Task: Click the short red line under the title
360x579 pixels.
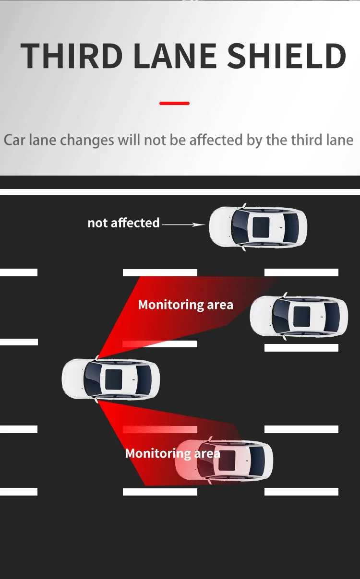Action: (x=174, y=103)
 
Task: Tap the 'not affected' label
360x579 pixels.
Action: (x=123, y=223)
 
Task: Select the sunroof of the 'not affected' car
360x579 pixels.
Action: (x=261, y=226)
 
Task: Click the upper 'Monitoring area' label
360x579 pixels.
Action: (x=185, y=305)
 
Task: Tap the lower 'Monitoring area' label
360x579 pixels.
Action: (x=172, y=453)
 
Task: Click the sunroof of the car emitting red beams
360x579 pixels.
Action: (x=114, y=379)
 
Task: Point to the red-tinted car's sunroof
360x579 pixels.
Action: (x=227, y=460)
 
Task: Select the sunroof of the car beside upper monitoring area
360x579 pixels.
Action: (x=302, y=315)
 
